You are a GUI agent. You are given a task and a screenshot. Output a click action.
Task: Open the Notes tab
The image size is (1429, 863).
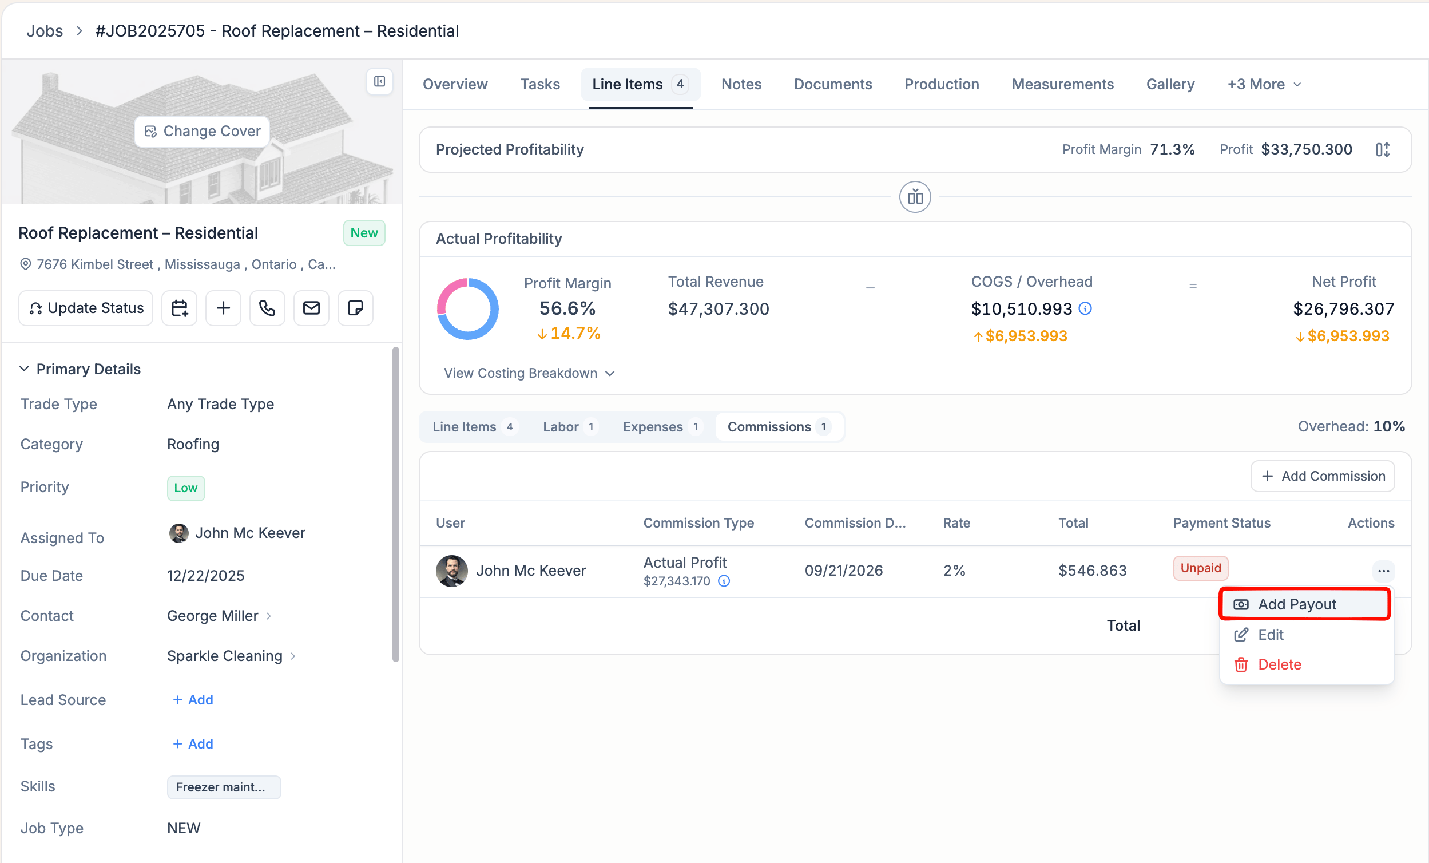pos(741,84)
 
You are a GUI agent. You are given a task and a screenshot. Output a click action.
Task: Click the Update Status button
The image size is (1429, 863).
pos(86,308)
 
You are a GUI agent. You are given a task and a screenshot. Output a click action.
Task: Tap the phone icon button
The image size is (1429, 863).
pos(267,308)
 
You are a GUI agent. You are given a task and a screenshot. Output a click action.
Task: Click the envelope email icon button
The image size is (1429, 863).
pos(311,308)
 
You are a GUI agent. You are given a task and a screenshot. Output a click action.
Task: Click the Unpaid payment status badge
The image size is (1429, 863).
pos(1201,568)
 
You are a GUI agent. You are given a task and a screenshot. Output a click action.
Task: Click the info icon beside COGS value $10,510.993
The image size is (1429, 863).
pos(1085,308)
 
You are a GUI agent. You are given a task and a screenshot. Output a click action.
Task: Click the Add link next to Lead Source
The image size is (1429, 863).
pos(193,700)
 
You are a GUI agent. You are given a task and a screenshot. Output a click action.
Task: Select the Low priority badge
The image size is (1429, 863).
pos(186,488)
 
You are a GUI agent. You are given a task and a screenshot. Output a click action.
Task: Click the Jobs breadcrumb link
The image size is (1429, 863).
pos(45,31)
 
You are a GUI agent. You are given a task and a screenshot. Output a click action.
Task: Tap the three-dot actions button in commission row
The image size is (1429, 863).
pos(1383,571)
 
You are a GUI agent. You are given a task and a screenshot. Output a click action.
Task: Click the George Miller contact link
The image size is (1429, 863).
pos(212,616)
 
